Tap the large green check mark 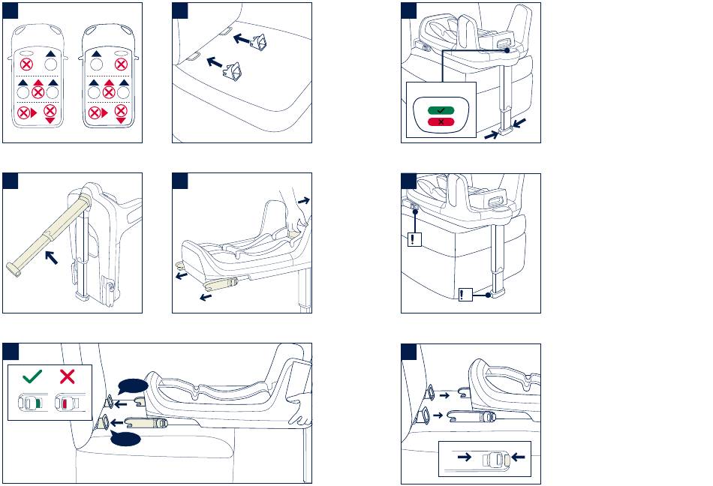coord(32,376)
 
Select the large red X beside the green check coord(68,376)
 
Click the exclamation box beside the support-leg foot coord(465,295)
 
